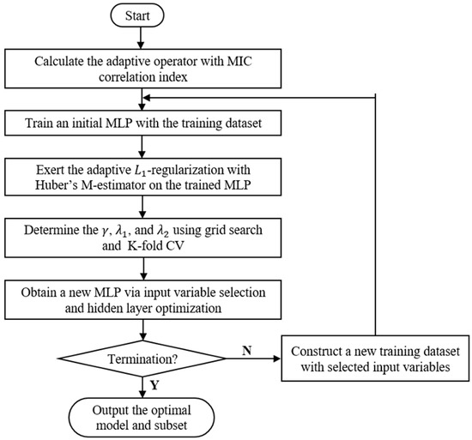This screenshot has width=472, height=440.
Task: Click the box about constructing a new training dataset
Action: [x=374, y=359]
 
